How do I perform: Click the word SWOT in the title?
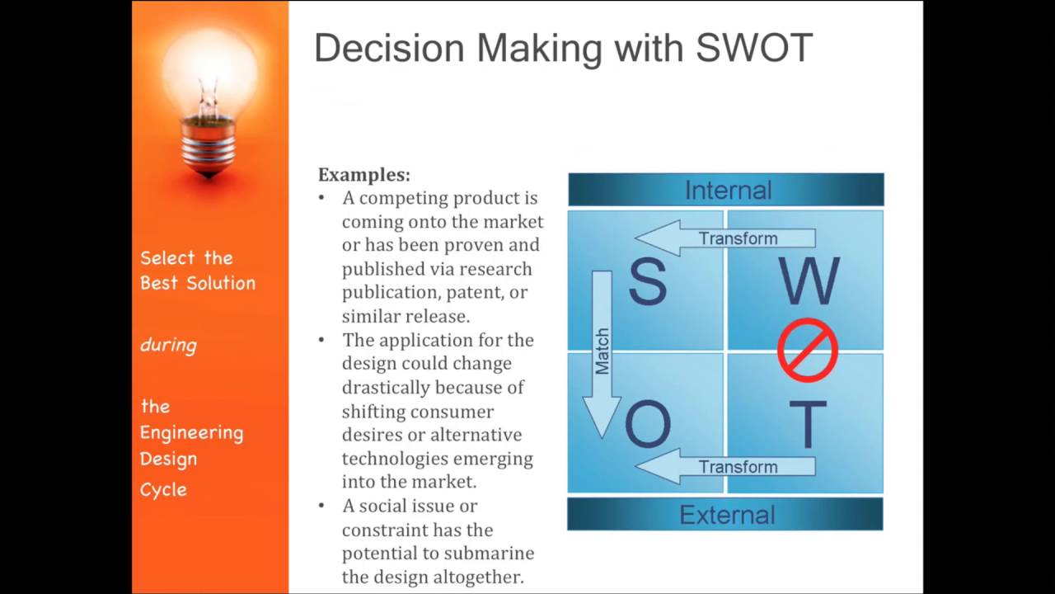(x=754, y=49)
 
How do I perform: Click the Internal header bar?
(x=726, y=190)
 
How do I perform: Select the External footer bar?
(x=726, y=515)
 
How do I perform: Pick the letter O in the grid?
(x=648, y=426)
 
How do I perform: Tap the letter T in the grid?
(x=808, y=426)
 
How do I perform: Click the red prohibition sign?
(x=808, y=351)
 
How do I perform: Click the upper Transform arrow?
(x=725, y=238)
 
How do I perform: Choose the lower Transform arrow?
(x=725, y=467)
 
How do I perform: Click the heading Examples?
(x=363, y=175)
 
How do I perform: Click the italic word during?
(x=168, y=345)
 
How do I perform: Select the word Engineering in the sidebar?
(x=191, y=432)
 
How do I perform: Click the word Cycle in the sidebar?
(x=163, y=489)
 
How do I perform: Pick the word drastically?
(x=386, y=387)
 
